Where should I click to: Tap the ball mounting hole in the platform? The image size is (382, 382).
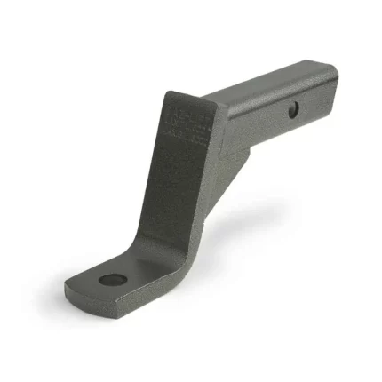110,280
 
